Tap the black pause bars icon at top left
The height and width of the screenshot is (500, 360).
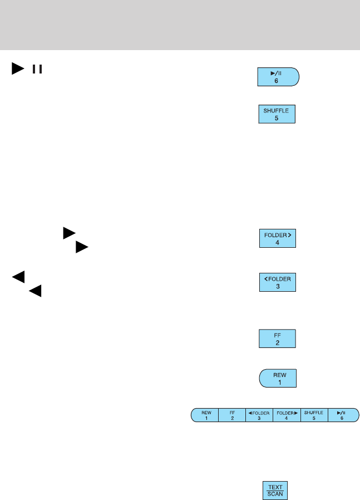[x=37, y=69]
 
